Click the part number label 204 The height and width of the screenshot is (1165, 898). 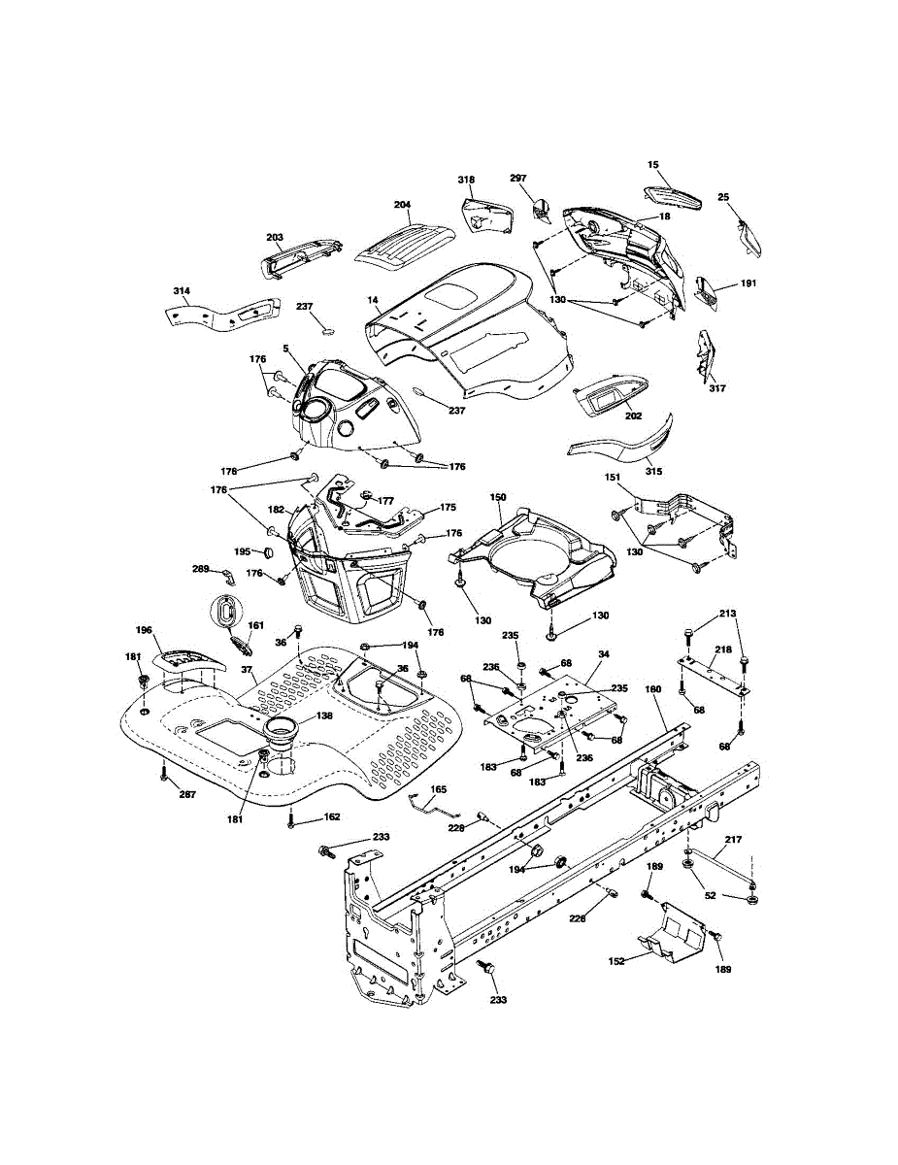(402, 205)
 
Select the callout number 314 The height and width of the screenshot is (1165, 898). (182, 290)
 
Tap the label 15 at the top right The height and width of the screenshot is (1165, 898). (653, 165)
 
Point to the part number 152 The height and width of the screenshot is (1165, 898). (616, 961)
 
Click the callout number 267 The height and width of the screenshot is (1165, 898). (187, 794)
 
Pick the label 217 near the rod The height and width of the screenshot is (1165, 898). (733, 839)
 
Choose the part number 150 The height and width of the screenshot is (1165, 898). (498, 497)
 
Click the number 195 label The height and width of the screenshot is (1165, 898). (243, 551)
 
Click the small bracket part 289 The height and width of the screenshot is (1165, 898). (227, 577)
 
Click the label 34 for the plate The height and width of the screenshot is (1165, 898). (604, 654)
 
